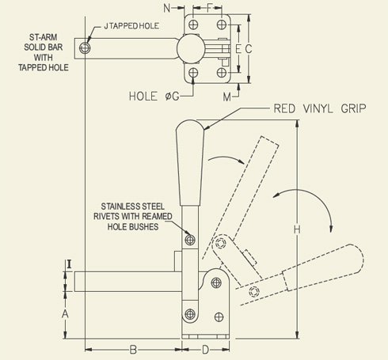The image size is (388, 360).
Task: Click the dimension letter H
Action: click(297, 229)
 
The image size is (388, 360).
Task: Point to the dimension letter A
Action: click(66, 313)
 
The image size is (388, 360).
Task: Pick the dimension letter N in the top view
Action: click(167, 9)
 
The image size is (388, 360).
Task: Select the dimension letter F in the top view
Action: click(208, 9)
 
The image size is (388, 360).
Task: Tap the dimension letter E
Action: click(237, 49)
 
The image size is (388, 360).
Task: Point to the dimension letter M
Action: click(226, 96)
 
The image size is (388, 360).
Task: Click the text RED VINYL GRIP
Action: click(318, 108)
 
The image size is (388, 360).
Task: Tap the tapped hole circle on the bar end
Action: click(86, 49)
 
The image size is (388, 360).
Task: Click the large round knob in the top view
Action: click(189, 48)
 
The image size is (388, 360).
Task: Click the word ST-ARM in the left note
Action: click(37, 36)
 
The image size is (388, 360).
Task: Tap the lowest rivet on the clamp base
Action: click(190, 313)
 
